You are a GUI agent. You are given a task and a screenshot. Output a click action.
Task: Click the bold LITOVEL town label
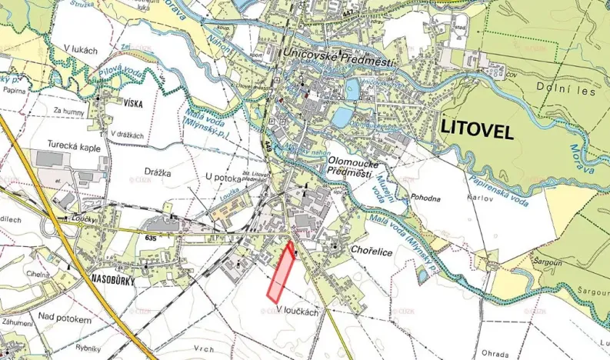coord(477,131)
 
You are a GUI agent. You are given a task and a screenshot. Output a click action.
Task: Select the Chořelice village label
coord(372,250)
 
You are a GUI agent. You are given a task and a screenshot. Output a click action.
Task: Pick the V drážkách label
coord(128,135)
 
